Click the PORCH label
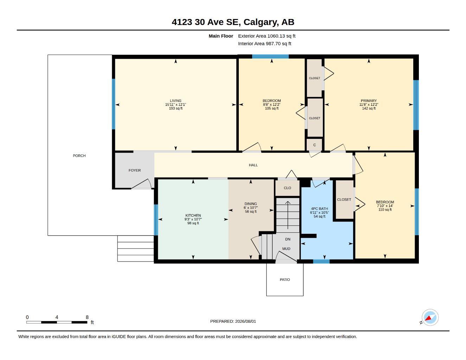coord(79,156)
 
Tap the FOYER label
coord(135,171)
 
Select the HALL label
coord(253,165)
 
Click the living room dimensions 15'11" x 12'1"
coord(175,104)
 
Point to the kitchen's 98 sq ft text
coord(193,223)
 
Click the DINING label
coord(251,204)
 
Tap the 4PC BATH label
coord(320,209)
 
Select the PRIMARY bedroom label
coord(369,101)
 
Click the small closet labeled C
coord(314,145)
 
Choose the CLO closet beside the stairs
coord(287,188)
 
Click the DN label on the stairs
coord(288,239)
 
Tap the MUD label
coord(286,249)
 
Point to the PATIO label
coord(285,279)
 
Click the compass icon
coord(430,317)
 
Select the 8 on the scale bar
coord(87,317)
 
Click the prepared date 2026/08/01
coord(245,321)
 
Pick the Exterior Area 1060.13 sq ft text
coord(267,36)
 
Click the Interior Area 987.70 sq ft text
coord(264,44)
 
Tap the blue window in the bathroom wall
coord(321,261)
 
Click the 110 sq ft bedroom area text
coord(385,210)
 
